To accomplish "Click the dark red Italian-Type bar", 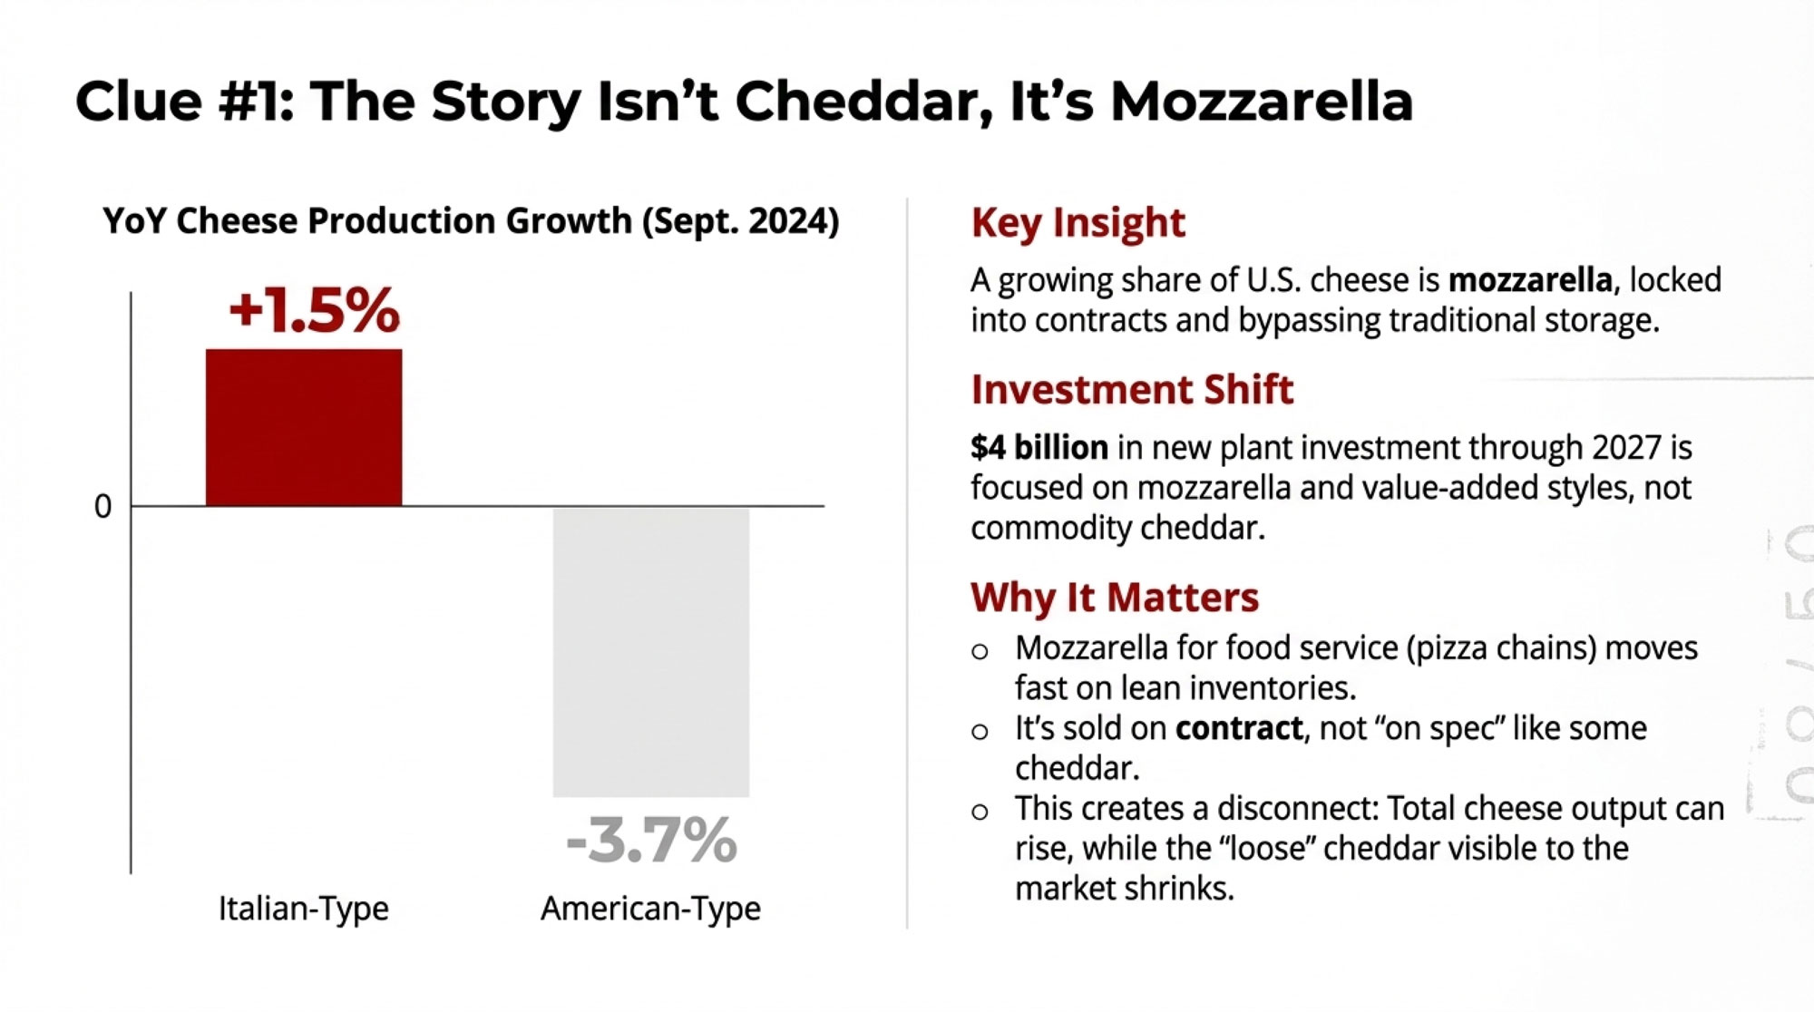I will (x=304, y=427).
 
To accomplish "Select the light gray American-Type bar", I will (x=651, y=652).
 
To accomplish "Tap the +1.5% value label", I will (x=314, y=310).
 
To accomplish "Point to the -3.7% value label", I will (x=651, y=840).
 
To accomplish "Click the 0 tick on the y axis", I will (x=103, y=507).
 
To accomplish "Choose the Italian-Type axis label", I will (x=303, y=908).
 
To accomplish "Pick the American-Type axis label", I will (x=650, y=908).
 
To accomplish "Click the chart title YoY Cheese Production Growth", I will (x=471, y=221).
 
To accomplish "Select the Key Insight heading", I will (x=1078, y=223).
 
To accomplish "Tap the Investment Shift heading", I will (x=1132, y=390).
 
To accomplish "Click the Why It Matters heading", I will (x=1115, y=598).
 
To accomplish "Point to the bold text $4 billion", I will (x=1039, y=448).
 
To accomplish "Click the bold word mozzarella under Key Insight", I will (x=1530, y=280).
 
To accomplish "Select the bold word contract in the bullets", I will (x=1239, y=728).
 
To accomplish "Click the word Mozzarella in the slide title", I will (x=1262, y=101).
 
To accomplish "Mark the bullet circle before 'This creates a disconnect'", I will (x=980, y=812).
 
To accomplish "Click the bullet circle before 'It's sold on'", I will (x=980, y=732).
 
